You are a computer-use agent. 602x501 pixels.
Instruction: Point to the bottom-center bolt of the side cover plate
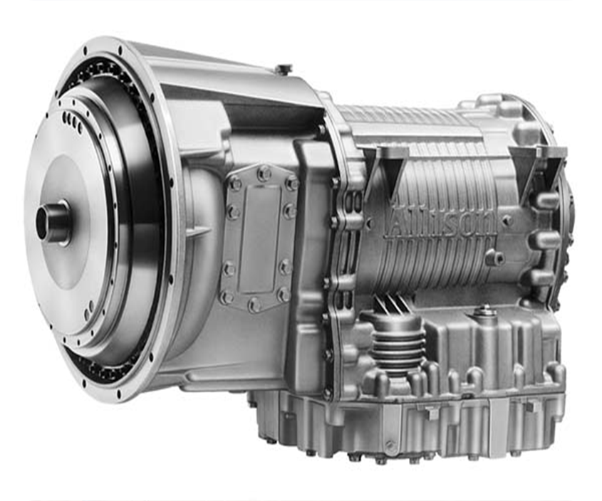click(254, 305)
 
